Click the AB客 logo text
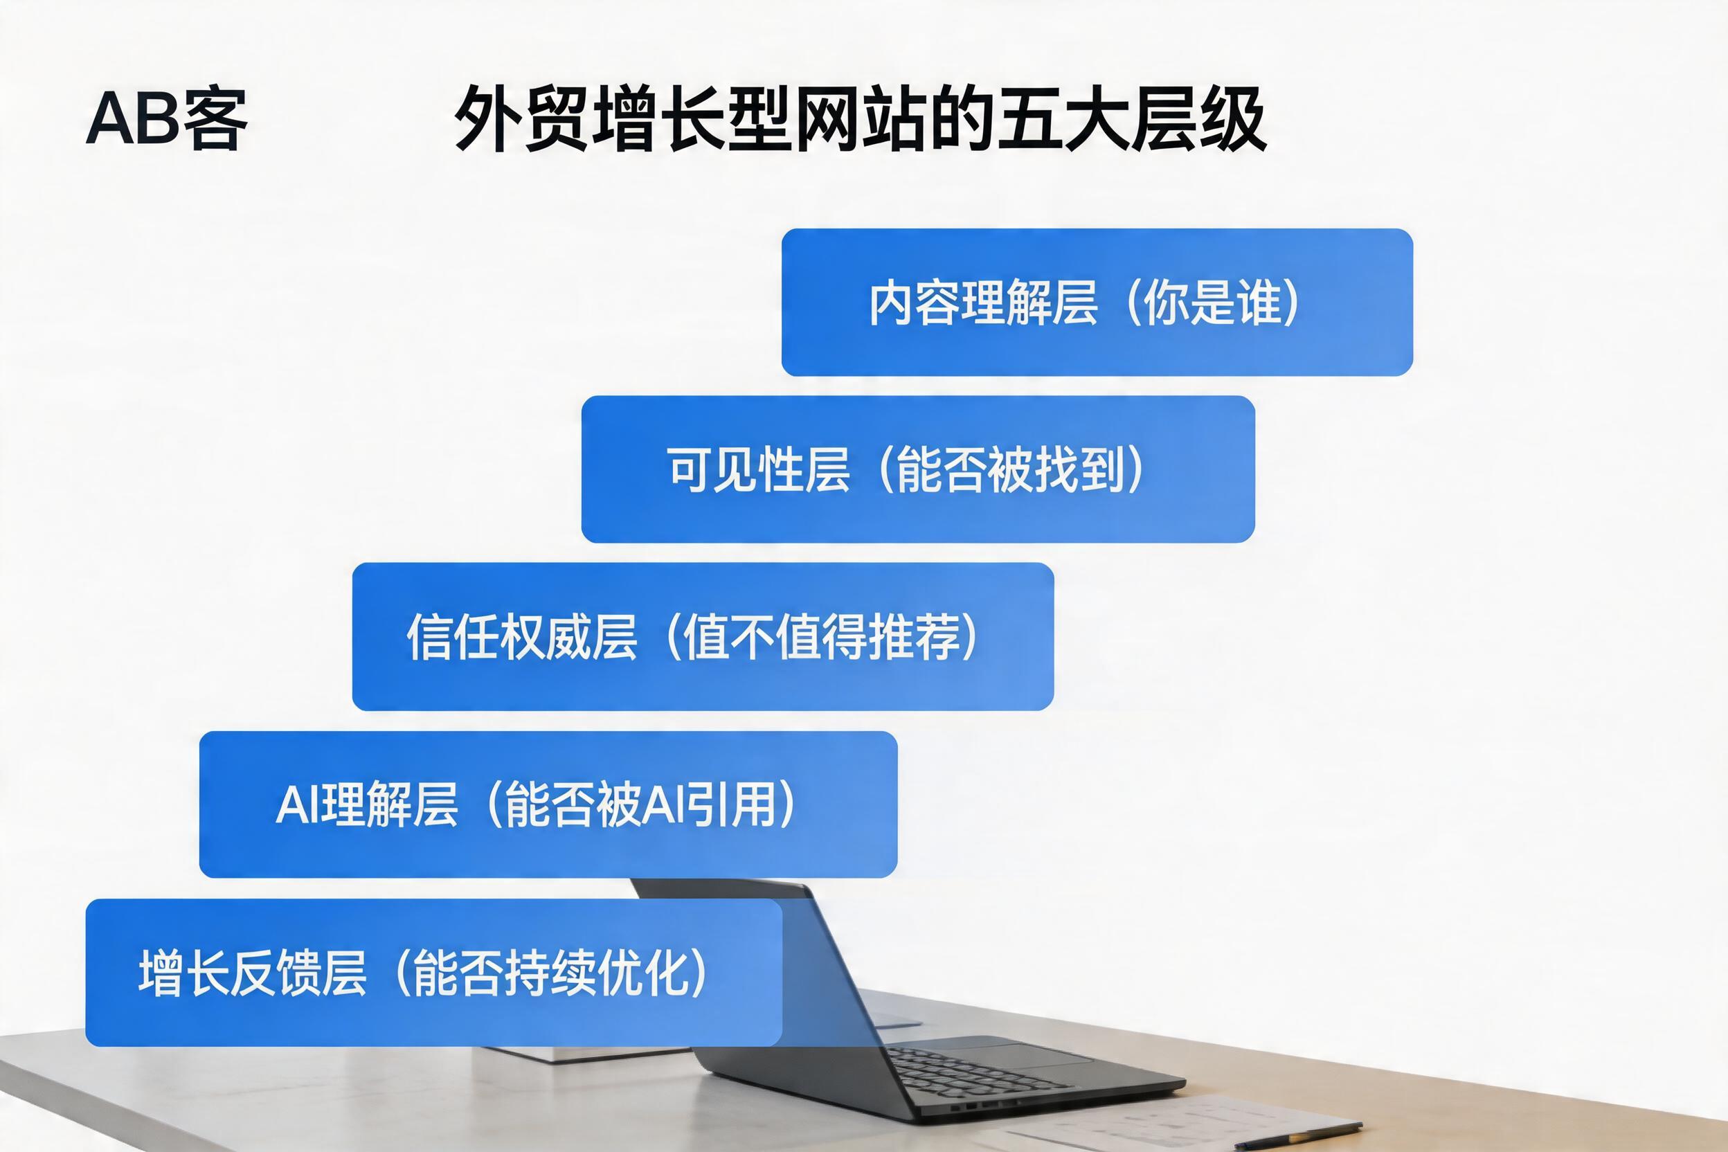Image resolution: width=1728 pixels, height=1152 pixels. [167, 120]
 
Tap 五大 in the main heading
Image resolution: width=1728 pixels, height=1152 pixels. [1061, 118]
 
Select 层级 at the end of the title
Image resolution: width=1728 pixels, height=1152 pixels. [1198, 118]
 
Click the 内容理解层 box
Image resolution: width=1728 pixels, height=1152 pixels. [1097, 302]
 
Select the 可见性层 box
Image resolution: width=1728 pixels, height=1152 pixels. [917, 469]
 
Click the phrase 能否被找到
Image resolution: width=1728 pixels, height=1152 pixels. [1010, 469]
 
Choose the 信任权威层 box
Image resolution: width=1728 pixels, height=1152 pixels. [703, 636]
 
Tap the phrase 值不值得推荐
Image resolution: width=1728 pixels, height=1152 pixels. [820, 636]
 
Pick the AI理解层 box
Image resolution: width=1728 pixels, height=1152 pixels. [548, 804]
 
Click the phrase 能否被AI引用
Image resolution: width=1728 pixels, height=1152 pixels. [639, 804]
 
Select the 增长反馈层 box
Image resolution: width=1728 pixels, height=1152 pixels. [433, 972]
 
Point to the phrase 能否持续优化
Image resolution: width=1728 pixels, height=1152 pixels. [550, 972]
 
